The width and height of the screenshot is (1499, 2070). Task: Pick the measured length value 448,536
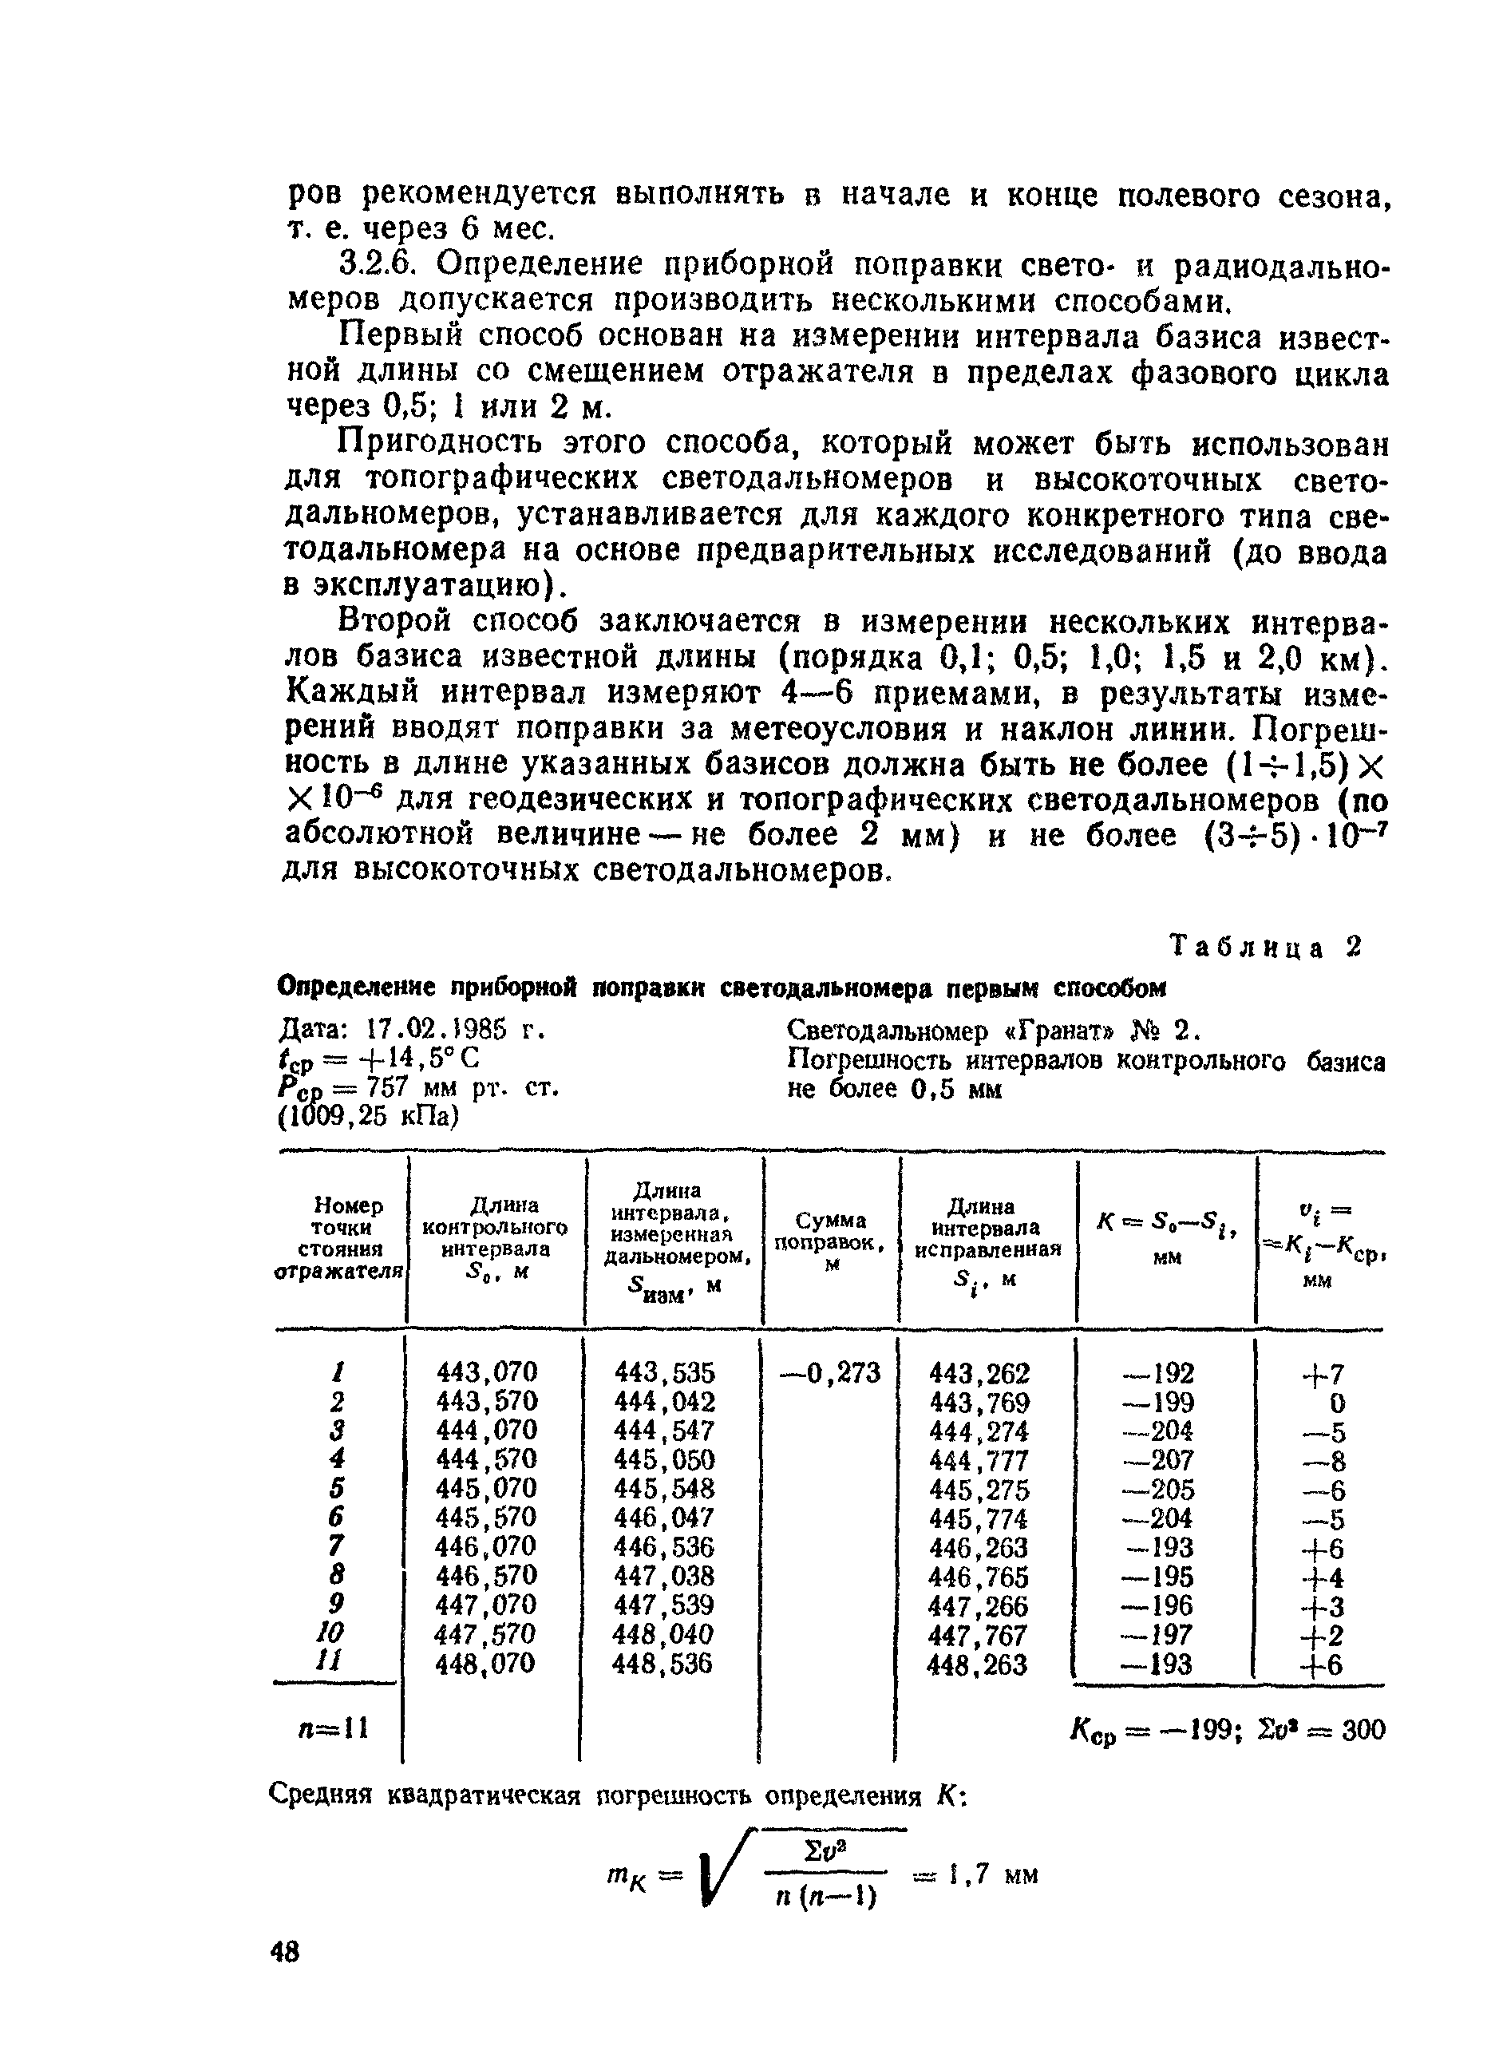coord(664,1664)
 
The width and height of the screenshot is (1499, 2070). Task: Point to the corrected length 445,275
coord(978,1490)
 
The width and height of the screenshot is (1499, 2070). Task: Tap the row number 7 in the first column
coord(337,1546)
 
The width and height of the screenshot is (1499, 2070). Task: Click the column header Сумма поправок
coord(830,1242)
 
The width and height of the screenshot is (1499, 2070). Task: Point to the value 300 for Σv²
coord(1363,1730)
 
